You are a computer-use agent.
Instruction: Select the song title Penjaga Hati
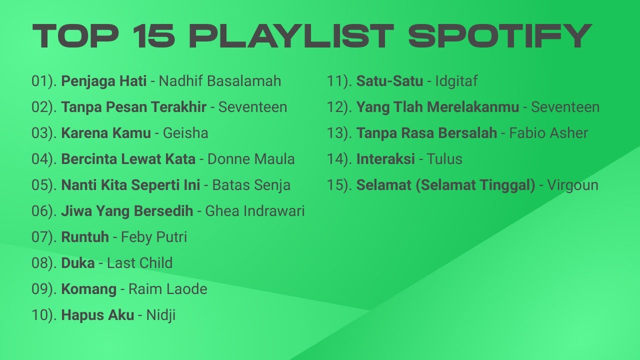point(103,81)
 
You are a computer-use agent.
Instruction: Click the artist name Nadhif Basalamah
point(219,81)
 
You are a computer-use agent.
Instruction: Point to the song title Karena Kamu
point(105,133)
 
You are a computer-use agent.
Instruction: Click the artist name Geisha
point(185,133)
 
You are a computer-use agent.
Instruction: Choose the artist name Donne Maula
point(250,159)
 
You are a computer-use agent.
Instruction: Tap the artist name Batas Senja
point(251,185)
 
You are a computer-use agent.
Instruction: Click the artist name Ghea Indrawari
point(254,211)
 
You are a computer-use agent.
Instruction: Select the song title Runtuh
point(84,237)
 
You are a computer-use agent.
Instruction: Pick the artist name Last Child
point(139,263)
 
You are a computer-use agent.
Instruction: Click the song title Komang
point(88,289)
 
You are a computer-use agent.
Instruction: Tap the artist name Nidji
point(160,315)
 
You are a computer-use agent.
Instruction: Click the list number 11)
point(339,81)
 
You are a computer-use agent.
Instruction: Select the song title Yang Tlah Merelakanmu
point(437,107)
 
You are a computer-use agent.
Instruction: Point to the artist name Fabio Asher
point(548,133)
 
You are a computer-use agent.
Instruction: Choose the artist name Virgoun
point(572,185)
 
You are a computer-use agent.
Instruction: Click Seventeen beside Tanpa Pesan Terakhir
point(252,107)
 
